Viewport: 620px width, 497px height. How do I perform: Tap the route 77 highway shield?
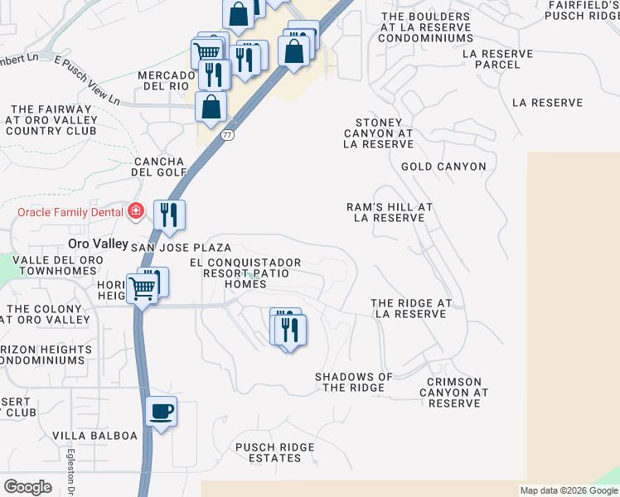[228, 134]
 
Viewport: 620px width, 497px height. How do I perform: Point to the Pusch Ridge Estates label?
[275, 453]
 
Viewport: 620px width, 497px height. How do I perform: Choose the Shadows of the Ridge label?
[354, 382]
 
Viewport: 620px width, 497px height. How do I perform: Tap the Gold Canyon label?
[443, 166]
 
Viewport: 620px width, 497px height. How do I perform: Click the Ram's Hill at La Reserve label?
[390, 212]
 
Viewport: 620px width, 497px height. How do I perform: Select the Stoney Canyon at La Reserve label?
[378, 133]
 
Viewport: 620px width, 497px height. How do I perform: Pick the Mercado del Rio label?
[165, 81]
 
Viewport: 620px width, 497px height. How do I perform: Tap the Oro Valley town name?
[98, 244]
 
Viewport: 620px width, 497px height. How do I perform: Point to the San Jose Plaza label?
[181, 248]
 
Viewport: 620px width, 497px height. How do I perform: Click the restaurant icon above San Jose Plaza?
[169, 215]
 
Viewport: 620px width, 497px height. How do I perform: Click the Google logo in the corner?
[27, 487]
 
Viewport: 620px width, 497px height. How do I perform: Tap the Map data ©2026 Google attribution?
[569, 490]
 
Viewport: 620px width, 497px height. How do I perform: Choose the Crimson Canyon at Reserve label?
[455, 393]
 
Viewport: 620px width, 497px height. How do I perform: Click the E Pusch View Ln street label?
[86, 80]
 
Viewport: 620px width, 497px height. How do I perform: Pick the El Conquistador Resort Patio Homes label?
[245, 273]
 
